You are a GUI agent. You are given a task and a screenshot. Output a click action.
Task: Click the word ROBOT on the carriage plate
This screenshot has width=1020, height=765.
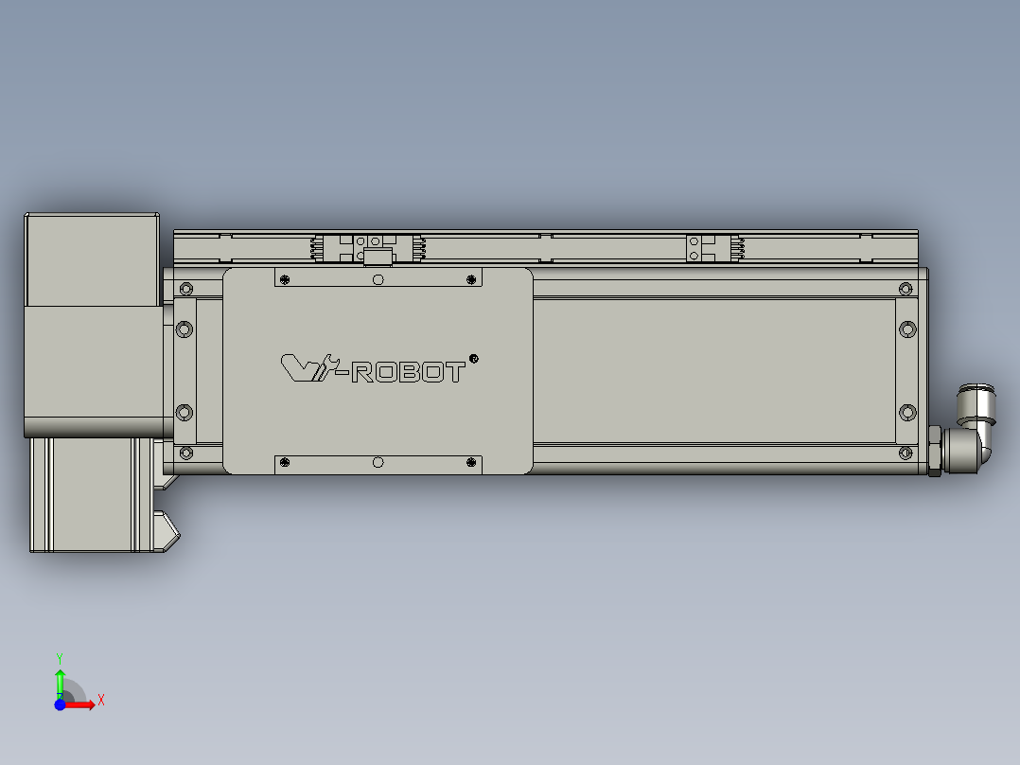pos(408,372)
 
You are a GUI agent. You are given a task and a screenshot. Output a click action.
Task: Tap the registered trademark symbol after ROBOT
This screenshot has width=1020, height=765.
pos(474,358)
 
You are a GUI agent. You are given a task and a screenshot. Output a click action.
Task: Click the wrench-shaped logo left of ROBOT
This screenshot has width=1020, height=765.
pos(308,367)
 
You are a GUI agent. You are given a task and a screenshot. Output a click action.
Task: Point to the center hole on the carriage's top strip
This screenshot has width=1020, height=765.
pos(378,279)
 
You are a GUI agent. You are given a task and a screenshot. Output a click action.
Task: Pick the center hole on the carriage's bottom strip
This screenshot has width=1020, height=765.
pos(378,462)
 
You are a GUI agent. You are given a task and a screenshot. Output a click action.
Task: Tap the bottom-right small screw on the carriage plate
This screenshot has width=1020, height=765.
pos(472,462)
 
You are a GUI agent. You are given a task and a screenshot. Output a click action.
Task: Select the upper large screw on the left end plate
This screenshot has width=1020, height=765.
pos(185,329)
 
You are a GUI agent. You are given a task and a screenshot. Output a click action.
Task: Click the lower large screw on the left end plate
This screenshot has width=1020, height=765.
pos(185,413)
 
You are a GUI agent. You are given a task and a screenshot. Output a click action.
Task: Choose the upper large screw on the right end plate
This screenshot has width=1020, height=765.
pos(907,329)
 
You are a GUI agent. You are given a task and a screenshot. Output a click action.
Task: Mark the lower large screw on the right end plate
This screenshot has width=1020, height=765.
pos(907,412)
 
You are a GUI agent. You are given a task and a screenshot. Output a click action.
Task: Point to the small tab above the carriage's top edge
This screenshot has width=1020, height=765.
pos(378,258)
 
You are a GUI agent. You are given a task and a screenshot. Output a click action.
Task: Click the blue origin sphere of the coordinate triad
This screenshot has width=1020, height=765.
pos(61,704)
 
